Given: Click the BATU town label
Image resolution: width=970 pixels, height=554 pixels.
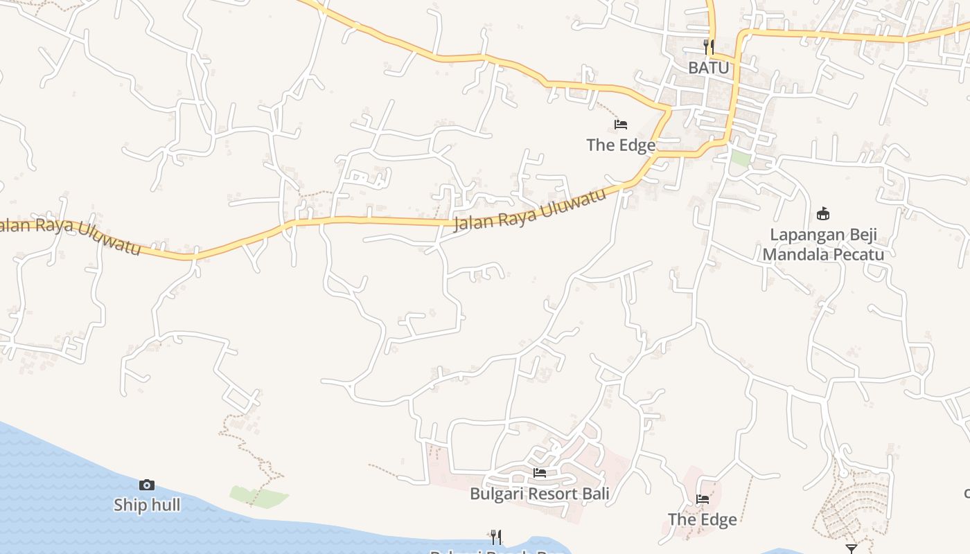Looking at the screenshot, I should point(708,68).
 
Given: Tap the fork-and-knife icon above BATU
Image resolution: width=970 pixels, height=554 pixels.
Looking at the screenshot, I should point(708,47).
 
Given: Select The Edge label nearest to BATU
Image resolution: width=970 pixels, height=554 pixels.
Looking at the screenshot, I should point(621,145).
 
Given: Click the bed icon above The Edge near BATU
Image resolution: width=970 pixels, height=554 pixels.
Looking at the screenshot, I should point(621,125).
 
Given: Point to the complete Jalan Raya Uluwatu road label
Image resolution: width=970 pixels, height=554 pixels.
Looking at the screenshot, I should point(530,209).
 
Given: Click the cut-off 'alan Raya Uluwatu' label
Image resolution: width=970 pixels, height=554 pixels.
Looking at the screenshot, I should point(69,236).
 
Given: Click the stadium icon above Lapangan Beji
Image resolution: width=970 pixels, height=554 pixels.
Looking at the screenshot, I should point(823,213).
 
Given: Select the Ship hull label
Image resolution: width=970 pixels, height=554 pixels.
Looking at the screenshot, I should point(147,506).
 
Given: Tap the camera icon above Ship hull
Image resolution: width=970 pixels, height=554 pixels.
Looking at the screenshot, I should point(147,485).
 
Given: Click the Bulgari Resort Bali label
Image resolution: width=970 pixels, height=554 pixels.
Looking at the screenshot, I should point(540,494).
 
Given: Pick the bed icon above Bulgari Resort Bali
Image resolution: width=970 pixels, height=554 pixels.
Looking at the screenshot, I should point(540,473).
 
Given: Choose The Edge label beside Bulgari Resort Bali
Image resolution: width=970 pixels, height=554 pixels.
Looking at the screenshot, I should point(703,519).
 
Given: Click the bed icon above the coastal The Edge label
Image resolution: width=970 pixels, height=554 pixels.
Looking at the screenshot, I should point(703,499).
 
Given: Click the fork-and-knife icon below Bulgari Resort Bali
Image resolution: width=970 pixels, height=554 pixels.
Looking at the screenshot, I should point(496,537).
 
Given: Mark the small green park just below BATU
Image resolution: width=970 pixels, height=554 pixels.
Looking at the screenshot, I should point(741,158).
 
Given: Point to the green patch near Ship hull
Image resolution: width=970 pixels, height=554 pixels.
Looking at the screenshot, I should point(258,496).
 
